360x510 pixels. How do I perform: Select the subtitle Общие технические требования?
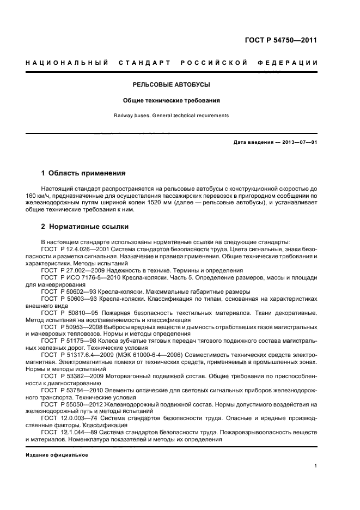tap(172, 101)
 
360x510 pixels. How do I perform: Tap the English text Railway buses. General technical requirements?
tap(172, 116)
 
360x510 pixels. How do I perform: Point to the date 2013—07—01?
tap(299, 142)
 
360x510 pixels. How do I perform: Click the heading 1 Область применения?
tap(83, 173)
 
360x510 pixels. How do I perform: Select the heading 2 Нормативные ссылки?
tap(85, 226)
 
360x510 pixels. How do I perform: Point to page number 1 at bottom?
tap(315, 466)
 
